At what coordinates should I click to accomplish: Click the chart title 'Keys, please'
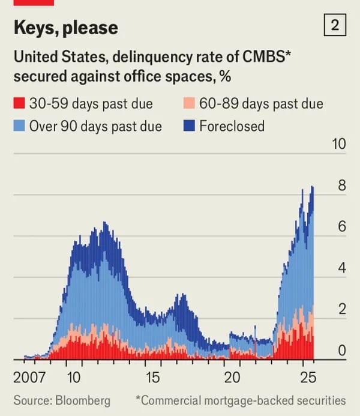[65, 28]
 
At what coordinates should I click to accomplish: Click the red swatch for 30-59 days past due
[19, 104]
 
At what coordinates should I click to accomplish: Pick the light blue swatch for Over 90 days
[19, 126]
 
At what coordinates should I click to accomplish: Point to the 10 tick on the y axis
[339, 144]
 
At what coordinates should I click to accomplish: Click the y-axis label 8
[342, 185]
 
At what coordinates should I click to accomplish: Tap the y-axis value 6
[342, 227]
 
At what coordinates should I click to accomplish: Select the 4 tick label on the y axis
[342, 268]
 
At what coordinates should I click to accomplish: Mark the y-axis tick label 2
[342, 310]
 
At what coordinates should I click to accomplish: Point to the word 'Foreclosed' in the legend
[232, 126]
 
